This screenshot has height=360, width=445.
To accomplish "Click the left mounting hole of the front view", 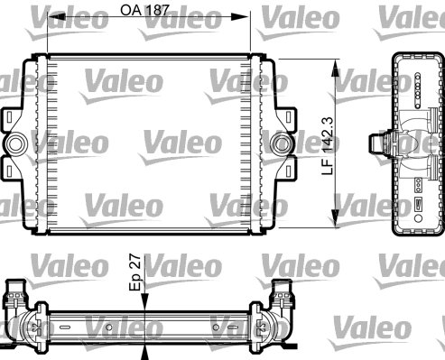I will (x=17, y=143).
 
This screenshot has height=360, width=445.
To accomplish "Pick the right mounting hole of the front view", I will (x=283, y=143).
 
